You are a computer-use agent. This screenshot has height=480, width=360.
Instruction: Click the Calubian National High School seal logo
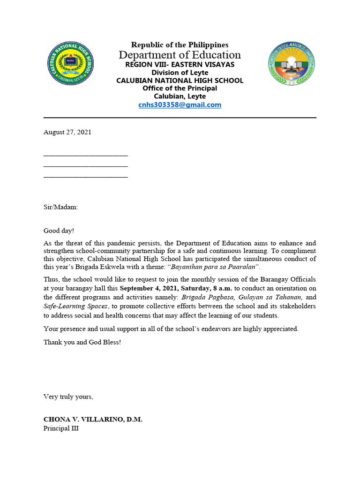click(x=70, y=64)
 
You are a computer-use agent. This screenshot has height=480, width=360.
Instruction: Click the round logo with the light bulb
click(x=291, y=64)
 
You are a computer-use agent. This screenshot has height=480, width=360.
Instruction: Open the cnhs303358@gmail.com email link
click(x=180, y=105)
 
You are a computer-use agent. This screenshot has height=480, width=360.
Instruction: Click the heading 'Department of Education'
click(x=180, y=55)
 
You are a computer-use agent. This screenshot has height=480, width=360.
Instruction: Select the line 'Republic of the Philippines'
click(x=180, y=45)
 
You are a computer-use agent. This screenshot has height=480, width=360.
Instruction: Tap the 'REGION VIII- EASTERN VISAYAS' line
click(x=180, y=65)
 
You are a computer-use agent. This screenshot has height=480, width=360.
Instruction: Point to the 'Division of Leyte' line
click(x=180, y=73)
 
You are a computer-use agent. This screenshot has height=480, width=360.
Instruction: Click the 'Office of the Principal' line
click(x=180, y=89)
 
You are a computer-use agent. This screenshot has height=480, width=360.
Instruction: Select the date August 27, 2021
click(x=67, y=132)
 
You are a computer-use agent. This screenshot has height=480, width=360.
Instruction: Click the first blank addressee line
click(x=85, y=155)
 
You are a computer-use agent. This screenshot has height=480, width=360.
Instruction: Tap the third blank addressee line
click(x=85, y=177)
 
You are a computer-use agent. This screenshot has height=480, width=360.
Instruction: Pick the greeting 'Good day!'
click(x=59, y=231)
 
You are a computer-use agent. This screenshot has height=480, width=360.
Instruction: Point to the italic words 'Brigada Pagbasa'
click(x=208, y=297)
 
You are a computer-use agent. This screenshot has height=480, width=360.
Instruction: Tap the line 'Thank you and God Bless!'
click(x=82, y=342)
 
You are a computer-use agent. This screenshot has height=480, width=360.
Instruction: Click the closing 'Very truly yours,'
click(x=68, y=397)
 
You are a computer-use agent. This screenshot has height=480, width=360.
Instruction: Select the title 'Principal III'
click(x=61, y=428)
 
